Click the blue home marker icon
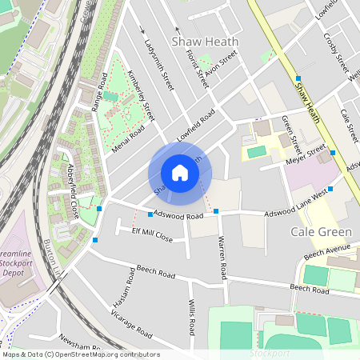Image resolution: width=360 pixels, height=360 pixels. [x=180, y=173]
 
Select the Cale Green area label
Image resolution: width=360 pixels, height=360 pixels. [x=321, y=232]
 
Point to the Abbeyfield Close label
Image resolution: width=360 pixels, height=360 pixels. [x=73, y=191]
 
